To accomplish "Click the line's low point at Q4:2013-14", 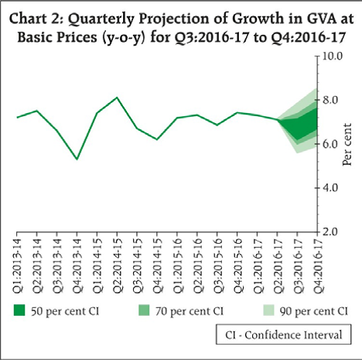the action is click(x=77, y=159).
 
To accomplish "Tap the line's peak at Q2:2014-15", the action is click(x=117, y=98).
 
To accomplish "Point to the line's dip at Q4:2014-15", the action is click(x=157, y=139).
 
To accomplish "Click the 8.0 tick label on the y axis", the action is click(x=330, y=100).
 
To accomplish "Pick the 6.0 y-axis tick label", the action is click(x=330, y=144).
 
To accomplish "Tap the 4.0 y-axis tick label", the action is click(x=330, y=187).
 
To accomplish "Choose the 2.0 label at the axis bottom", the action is click(x=330, y=231).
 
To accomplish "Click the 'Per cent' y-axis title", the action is click(x=347, y=144).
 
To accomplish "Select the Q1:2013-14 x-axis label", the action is click(x=17, y=265).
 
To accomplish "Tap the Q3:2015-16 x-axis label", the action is click(x=217, y=265).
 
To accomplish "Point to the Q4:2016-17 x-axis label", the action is click(x=318, y=265).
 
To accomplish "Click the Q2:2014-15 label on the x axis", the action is click(x=118, y=265).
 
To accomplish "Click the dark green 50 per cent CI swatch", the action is click(x=19, y=310).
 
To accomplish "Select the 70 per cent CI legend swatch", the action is click(x=144, y=310).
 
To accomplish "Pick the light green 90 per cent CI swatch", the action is click(x=268, y=310).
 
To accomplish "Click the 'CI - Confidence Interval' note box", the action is click(x=283, y=334).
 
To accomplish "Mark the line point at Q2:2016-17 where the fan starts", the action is click(x=278, y=119).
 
